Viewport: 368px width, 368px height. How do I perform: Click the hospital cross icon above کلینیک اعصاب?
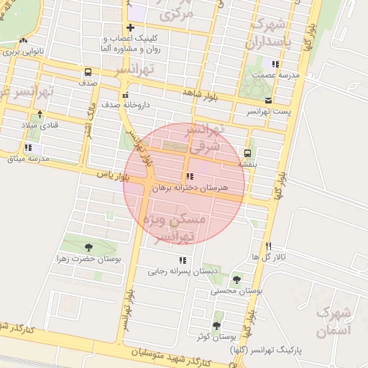pyautogui.click(x=130, y=27)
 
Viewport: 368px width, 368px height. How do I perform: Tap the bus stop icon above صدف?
pyautogui.click(x=88, y=72)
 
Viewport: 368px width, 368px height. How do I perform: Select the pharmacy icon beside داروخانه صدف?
pyautogui.click(x=126, y=95)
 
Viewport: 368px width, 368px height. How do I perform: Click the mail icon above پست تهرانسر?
pyautogui.click(x=267, y=100)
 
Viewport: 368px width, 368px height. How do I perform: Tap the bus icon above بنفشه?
pyautogui.click(x=248, y=153)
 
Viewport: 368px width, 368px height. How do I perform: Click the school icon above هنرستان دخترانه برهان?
pyautogui.click(x=189, y=176)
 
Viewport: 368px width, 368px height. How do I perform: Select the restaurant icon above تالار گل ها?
pyautogui.click(x=269, y=246)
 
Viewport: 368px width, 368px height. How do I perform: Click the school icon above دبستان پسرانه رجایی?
pyautogui.click(x=182, y=260)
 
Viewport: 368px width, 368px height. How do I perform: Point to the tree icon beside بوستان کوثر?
pyautogui.click(x=216, y=326)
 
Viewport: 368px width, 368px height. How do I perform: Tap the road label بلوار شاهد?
pyautogui.click(x=199, y=93)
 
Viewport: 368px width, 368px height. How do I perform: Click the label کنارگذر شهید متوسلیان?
pyautogui.click(x=172, y=356)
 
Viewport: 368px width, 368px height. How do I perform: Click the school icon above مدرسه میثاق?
pyautogui.click(x=27, y=147)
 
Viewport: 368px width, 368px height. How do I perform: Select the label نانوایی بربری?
pyautogui.click(x=23, y=52)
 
